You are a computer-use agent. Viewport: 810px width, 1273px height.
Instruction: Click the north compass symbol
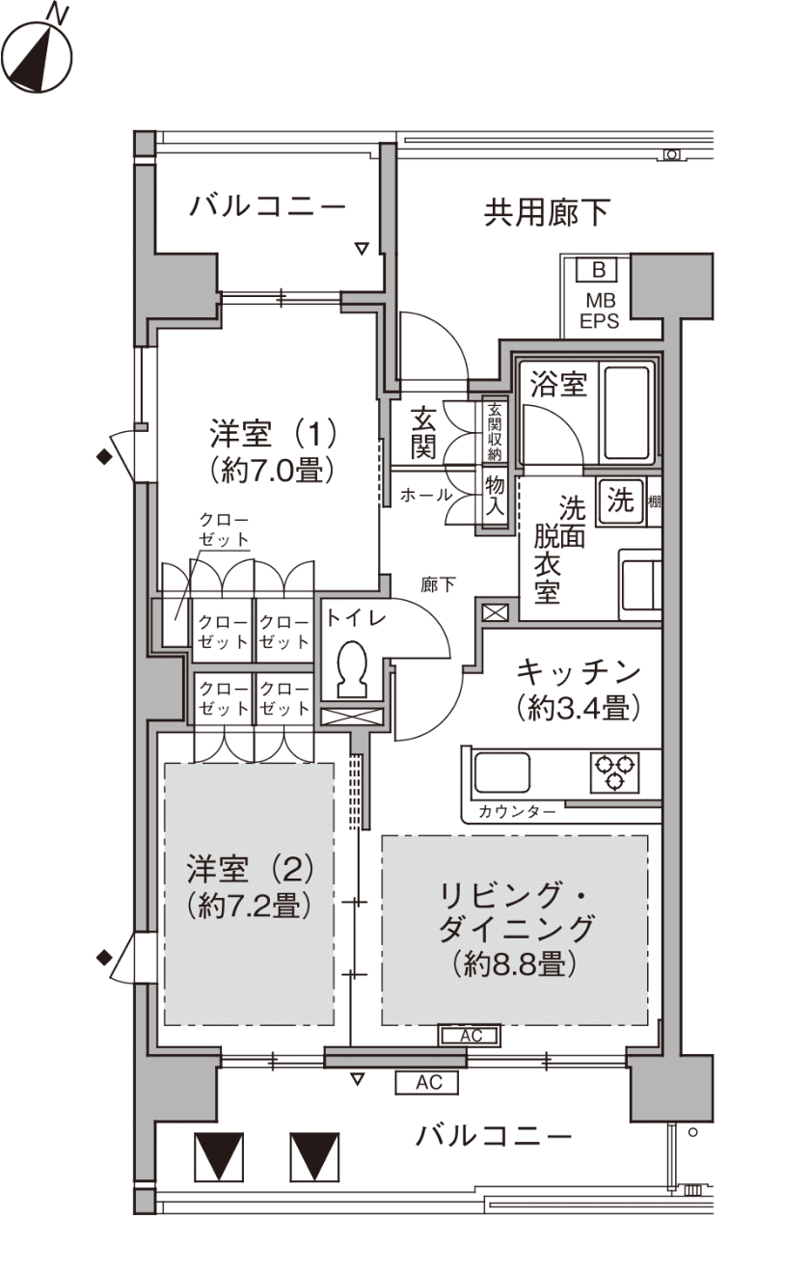(37, 55)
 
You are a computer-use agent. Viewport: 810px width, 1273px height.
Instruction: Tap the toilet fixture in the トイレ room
(352, 669)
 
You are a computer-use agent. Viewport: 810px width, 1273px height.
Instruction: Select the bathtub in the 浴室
(627, 413)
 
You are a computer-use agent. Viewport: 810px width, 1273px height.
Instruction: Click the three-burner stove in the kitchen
(614, 772)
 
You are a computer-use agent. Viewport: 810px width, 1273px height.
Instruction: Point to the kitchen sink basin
(502, 772)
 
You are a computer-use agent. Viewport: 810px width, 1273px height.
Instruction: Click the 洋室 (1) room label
(274, 434)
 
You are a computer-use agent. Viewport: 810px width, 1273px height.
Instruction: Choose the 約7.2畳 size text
(249, 906)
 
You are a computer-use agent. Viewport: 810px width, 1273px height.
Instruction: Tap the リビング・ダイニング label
(515, 912)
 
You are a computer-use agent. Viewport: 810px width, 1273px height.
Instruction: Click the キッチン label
(579, 672)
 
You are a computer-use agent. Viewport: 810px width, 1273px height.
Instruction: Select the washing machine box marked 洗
(620, 501)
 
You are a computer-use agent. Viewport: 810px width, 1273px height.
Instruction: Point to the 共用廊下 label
(547, 212)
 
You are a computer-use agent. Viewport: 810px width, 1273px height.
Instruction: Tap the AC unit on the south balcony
(427, 1082)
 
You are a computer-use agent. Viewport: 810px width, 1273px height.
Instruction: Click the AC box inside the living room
(470, 1036)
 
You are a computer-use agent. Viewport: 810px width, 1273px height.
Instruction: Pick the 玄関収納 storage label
(495, 432)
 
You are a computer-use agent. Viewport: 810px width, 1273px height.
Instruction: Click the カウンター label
(516, 812)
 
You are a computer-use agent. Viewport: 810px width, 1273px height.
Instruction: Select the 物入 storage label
(495, 495)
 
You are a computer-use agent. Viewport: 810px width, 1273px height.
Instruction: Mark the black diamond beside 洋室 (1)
(104, 456)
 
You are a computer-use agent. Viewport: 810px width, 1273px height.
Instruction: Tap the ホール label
(426, 495)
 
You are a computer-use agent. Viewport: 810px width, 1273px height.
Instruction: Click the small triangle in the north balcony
(362, 249)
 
